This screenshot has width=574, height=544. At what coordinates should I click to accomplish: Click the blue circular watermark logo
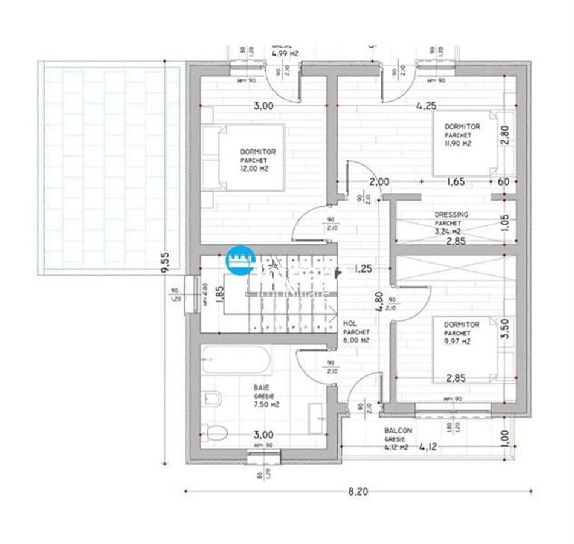tap(239, 261)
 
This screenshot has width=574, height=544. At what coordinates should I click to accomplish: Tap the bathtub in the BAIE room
tap(236, 360)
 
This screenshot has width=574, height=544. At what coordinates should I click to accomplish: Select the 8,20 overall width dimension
tap(358, 491)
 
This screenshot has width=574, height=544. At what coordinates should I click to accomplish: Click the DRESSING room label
tap(451, 215)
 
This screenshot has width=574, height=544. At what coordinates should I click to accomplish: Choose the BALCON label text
tap(398, 431)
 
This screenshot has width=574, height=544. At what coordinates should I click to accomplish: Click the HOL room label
tap(349, 324)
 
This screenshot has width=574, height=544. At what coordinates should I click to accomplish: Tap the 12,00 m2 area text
tap(254, 169)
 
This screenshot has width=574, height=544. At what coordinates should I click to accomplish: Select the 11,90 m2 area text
tap(457, 144)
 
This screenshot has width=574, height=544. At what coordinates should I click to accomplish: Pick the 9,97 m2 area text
tap(457, 342)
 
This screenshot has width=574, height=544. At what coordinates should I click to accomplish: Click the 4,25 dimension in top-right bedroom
tap(426, 105)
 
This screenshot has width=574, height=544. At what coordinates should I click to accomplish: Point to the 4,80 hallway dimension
tap(379, 300)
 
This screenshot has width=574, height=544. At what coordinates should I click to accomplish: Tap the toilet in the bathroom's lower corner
tap(213, 432)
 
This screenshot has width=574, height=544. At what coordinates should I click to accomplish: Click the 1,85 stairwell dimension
tap(220, 293)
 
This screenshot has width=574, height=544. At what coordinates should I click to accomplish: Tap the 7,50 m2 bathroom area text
tap(266, 405)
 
